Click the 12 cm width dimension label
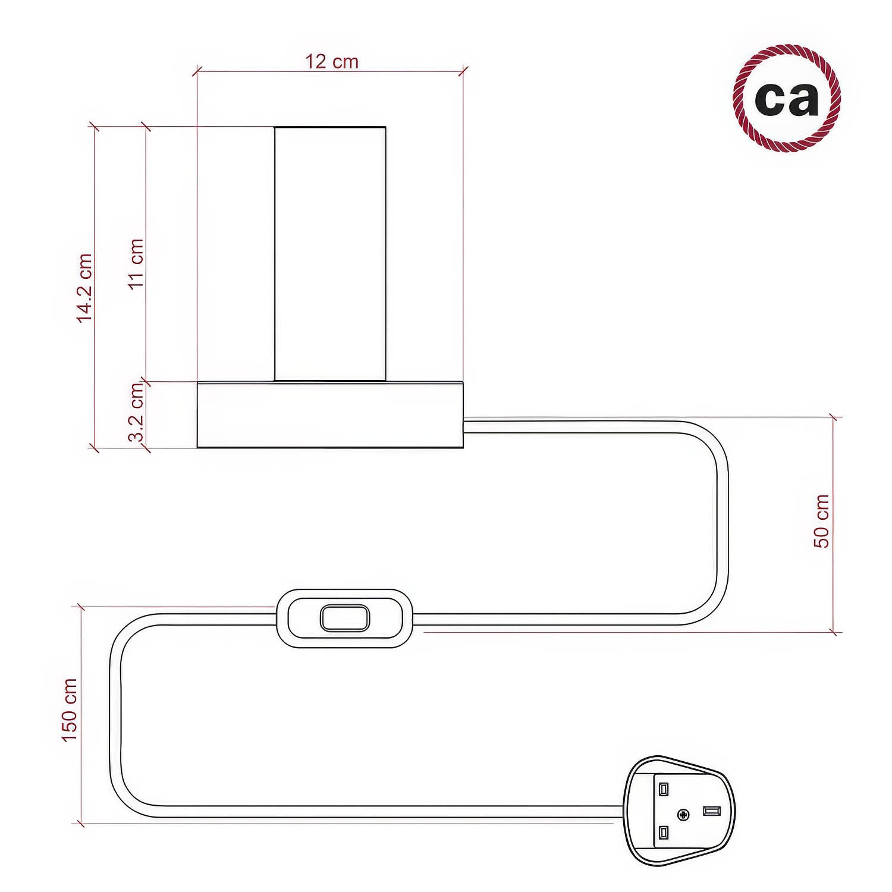pos(332,62)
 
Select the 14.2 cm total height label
pos(85,287)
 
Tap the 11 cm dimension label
pos(137,263)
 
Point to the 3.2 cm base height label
pos(137,413)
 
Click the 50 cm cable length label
pos(821,521)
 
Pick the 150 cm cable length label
pos(70,710)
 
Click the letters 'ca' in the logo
pos(786,99)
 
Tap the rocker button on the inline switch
pos(344,618)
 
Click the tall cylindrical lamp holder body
pos(330,254)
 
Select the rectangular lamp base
pos(330,414)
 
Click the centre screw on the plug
pos(683,814)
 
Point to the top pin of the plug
pos(664,789)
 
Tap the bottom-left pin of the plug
pos(664,832)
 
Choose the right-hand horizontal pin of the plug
pos(711,811)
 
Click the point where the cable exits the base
pos(464,426)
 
